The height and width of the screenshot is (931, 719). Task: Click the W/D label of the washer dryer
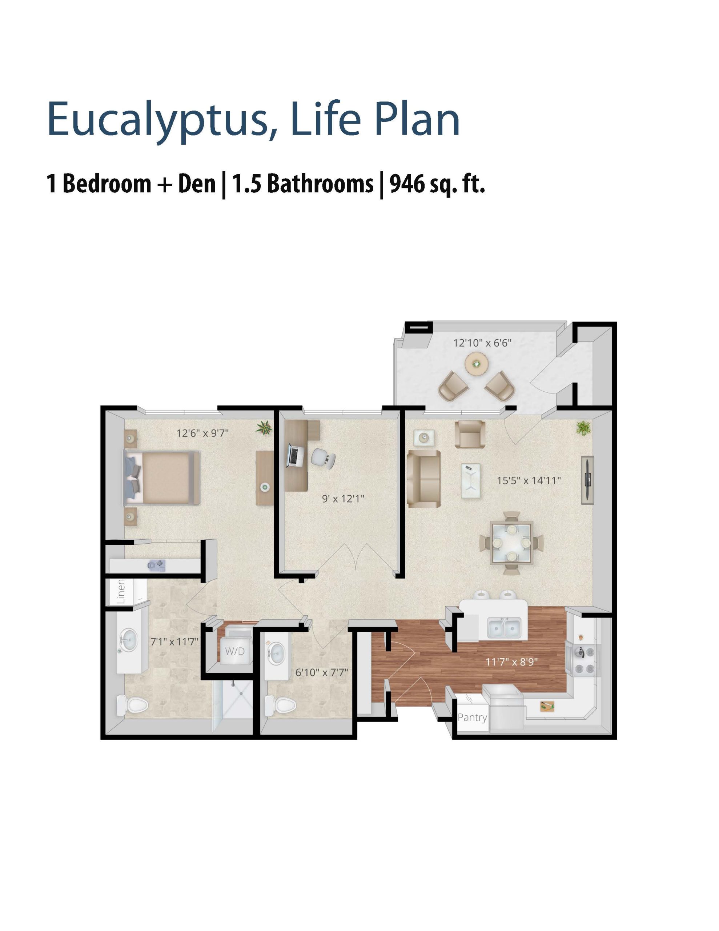235,651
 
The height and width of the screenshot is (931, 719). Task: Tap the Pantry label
472,718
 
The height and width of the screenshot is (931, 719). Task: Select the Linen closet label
121,591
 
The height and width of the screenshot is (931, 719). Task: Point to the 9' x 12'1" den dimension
343,498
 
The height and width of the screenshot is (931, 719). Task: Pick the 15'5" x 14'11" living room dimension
529,480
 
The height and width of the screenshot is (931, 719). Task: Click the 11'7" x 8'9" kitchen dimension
511,662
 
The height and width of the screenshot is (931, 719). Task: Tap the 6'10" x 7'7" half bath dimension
322,672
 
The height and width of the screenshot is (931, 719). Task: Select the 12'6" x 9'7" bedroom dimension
202,433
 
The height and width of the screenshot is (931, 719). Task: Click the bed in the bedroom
162,478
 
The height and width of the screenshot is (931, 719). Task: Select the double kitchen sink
504,627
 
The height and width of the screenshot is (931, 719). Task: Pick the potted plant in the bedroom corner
264,428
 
